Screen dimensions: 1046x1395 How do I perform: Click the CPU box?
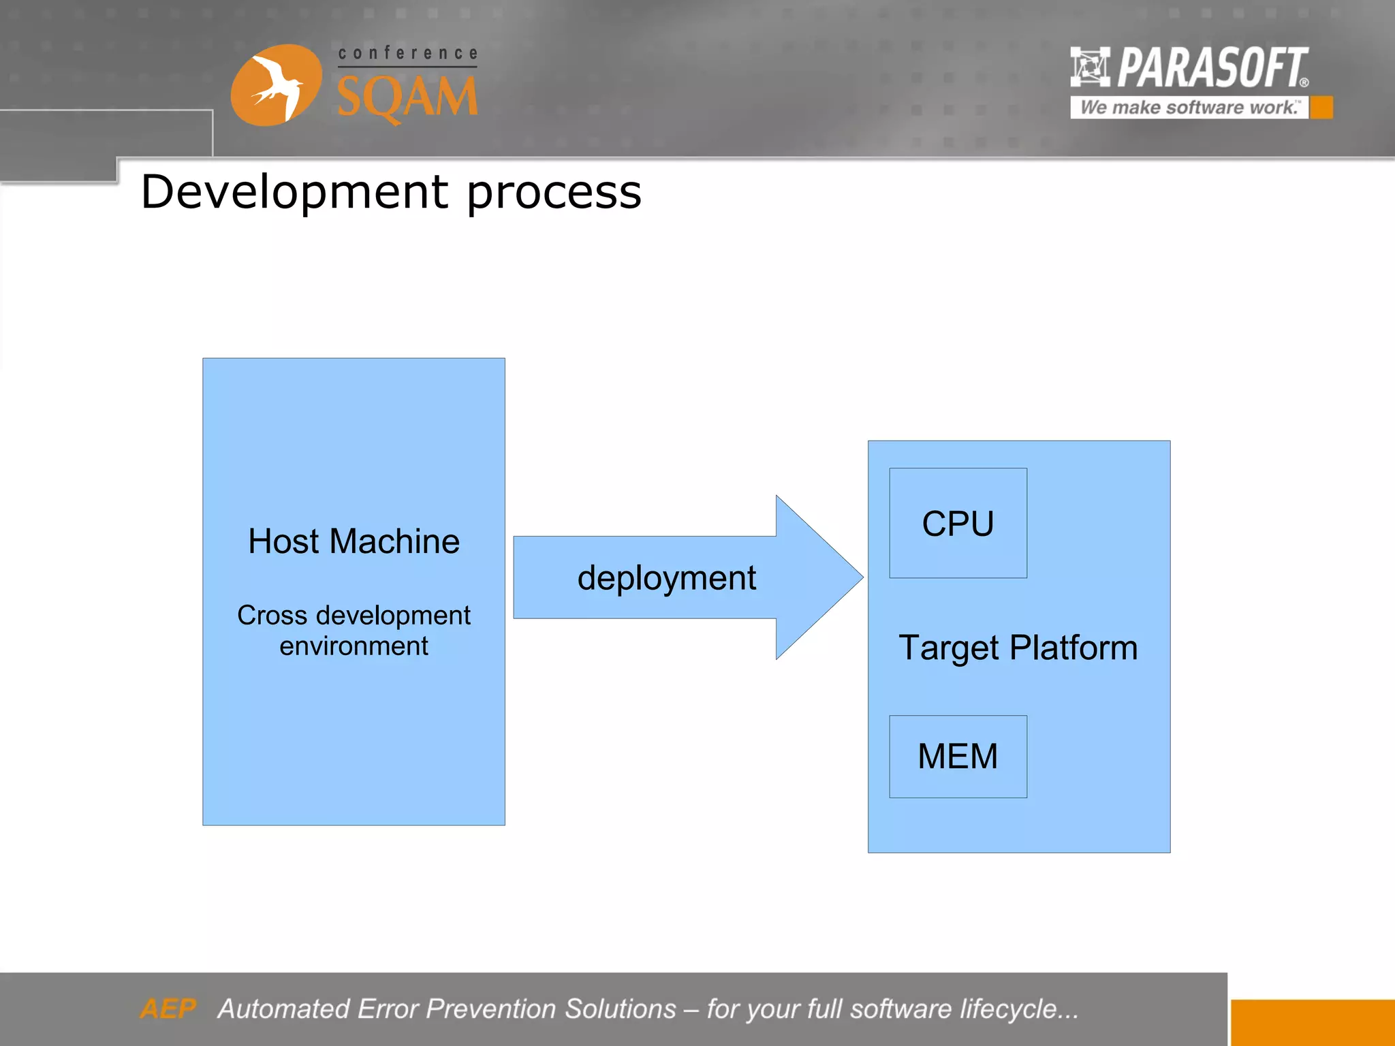point(958,523)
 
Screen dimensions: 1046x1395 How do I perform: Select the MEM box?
point(958,756)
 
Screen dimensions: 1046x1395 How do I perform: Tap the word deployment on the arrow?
point(666,578)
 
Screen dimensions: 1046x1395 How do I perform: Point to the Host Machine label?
point(354,541)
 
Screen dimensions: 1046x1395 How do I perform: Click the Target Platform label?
point(1018,648)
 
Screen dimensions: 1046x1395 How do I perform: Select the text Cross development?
point(354,615)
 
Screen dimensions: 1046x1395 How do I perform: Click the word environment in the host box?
point(354,646)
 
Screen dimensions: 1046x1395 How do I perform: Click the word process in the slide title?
point(554,193)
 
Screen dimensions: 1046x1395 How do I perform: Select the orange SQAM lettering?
point(407,97)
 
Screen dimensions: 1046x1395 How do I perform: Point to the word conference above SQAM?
point(407,53)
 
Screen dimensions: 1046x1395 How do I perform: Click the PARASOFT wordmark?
point(1212,68)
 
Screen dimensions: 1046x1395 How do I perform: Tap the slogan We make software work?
point(1189,108)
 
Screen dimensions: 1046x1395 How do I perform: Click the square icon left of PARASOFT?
point(1090,67)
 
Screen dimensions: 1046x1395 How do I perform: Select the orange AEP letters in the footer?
point(168,1009)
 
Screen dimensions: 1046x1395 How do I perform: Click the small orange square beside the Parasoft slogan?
point(1321,108)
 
